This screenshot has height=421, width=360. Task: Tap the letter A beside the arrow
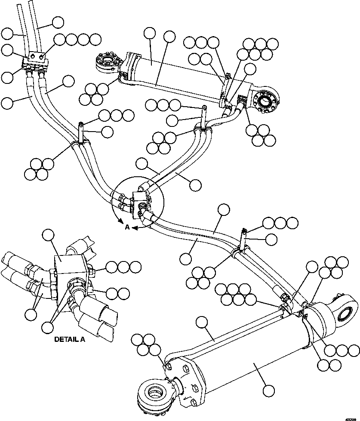[127, 228]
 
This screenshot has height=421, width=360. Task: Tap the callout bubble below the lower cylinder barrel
[269, 390]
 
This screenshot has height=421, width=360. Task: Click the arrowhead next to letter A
[135, 228]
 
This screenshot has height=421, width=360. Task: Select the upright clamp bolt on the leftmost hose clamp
[81, 131]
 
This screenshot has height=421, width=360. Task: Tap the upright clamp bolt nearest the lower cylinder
[244, 239]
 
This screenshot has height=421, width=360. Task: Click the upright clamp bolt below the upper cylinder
[203, 115]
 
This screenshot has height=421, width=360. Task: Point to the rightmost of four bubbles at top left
[96, 40]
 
